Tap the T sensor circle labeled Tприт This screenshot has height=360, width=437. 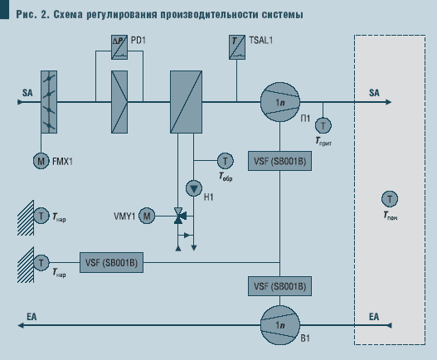323,124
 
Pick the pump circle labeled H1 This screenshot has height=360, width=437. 194,186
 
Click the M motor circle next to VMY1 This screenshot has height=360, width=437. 147,216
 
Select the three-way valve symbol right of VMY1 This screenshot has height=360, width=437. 177,216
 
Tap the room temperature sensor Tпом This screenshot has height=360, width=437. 388,198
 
